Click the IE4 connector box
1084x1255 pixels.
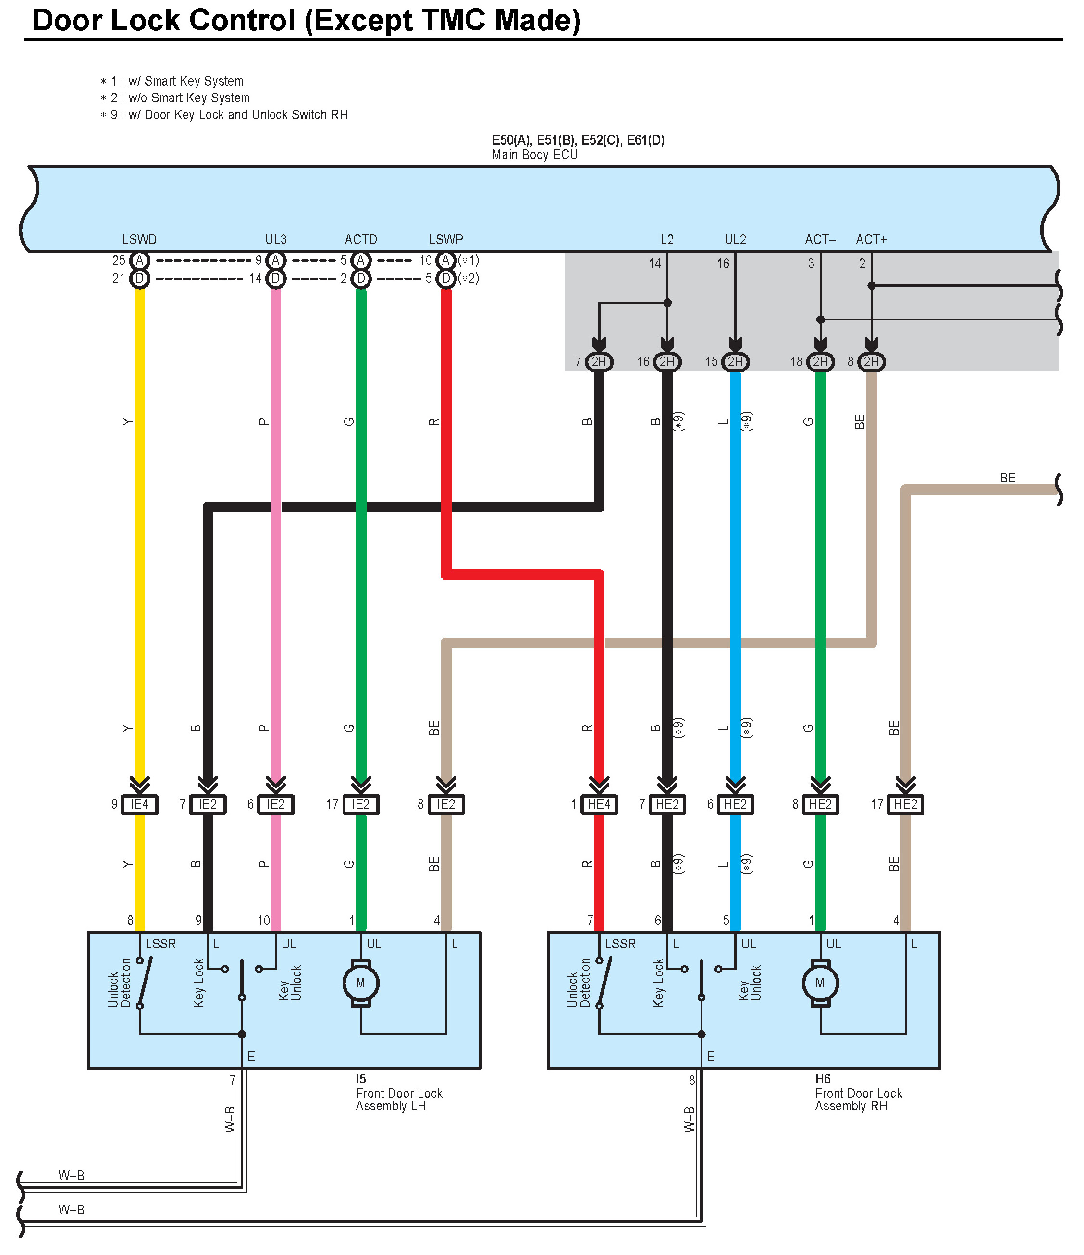pyautogui.click(x=139, y=804)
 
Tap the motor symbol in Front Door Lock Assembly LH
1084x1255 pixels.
pyautogui.click(x=361, y=983)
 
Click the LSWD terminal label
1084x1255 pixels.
pyautogui.click(x=139, y=239)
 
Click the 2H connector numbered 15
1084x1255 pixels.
pyautogui.click(x=735, y=362)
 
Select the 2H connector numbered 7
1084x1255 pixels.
pyautogui.click(x=599, y=362)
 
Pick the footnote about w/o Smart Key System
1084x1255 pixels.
pyautogui.click(x=180, y=98)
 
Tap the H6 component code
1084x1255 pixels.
pyautogui.click(x=823, y=1079)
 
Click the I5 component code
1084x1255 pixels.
pyautogui.click(x=361, y=1079)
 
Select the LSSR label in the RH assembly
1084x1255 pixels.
pyautogui.click(x=620, y=944)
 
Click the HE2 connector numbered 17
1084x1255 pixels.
pyautogui.click(x=905, y=804)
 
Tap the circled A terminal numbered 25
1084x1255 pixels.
pyautogui.click(x=139, y=260)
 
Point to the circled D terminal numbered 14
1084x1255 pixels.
pyautogui.click(x=275, y=278)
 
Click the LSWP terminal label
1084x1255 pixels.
pyautogui.click(x=446, y=239)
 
